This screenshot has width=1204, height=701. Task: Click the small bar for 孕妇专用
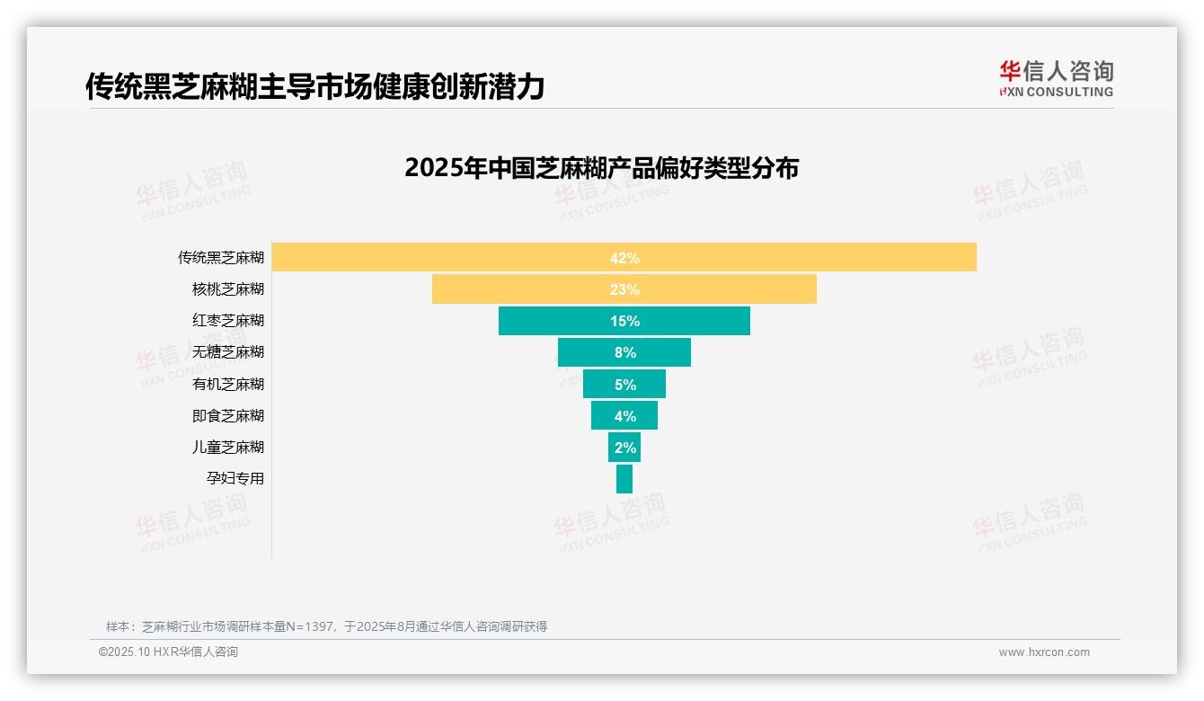[624, 478]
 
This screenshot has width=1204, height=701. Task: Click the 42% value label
[624, 258]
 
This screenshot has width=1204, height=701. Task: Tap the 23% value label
[624, 289]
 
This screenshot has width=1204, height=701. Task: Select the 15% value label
[624, 321]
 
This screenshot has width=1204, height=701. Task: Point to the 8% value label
[625, 352]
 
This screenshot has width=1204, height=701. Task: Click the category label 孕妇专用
[235, 478]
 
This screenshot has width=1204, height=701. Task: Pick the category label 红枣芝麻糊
[228, 321]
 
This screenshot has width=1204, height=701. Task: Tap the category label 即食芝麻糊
[228, 415]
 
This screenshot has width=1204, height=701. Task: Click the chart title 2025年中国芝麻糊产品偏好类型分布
[601, 168]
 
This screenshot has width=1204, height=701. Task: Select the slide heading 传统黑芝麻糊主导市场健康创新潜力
[314, 86]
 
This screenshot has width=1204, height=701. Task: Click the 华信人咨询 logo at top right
[1056, 78]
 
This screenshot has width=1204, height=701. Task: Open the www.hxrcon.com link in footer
[1044, 652]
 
